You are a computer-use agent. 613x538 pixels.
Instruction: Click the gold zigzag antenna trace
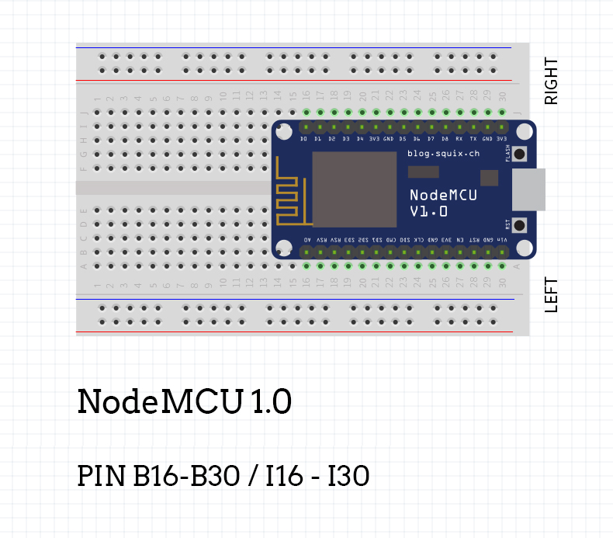pyautogui.click(x=289, y=193)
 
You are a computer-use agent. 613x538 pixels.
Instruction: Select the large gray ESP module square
pyautogui.click(x=354, y=189)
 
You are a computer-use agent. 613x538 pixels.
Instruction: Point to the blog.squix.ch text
pyautogui.click(x=443, y=154)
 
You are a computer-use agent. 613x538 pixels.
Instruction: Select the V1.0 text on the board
pyautogui.click(x=428, y=212)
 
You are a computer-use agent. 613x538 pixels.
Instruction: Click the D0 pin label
pyautogui.click(x=305, y=139)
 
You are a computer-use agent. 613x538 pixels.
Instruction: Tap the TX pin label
pyautogui.click(x=473, y=139)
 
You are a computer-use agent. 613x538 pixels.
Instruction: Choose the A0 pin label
pyautogui.click(x=307, y=240)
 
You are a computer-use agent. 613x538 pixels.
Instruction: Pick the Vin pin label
pyautogui.click(x=502, y=240)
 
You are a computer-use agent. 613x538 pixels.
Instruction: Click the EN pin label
pyautogui.click(x=460, y=240)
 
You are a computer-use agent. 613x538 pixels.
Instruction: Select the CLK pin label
pyautogui.click(x=419, y=240)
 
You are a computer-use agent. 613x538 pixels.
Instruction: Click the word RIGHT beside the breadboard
pyautogui.click(x=551, y=82)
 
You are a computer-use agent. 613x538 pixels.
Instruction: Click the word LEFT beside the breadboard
pyautogui.click(x=551, y=295)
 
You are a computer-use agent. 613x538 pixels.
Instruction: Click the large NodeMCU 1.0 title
pyautogui.click(x=184, y=402)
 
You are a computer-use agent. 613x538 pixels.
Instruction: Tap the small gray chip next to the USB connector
pyautogui.click(x=489, y=178)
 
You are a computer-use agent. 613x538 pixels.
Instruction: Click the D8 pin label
pyautogui.click(x=445, y=139)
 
